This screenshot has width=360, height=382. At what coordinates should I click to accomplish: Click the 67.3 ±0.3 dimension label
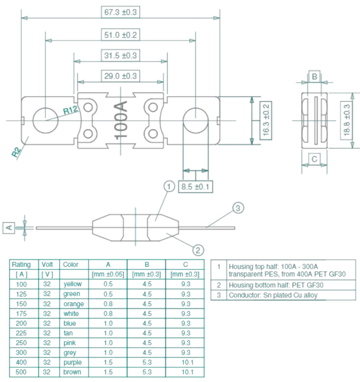point(120,12)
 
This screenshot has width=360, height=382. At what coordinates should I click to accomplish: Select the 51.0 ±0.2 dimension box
point(120,35)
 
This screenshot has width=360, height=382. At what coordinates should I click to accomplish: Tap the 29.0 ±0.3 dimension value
point(120,76)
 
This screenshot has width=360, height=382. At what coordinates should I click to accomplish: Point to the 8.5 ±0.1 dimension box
point(195,187)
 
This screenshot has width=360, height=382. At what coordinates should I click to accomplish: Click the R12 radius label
point(71,110)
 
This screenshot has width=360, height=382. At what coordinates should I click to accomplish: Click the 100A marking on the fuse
point(121,120)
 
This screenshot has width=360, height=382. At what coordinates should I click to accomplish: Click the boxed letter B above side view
point(314,76)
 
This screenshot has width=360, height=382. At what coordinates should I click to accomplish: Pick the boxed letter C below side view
point(314,159)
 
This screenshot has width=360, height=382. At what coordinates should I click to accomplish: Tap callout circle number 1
point(169,185)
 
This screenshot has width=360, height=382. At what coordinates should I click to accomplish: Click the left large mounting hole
point(45,120)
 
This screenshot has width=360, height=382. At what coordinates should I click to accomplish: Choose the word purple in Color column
point(72,362)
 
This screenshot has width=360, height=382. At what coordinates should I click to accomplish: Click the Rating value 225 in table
point(21,333)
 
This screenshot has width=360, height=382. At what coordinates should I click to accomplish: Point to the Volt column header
point(47,264)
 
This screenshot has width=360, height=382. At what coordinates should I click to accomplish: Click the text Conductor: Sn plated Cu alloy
point(273,295)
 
